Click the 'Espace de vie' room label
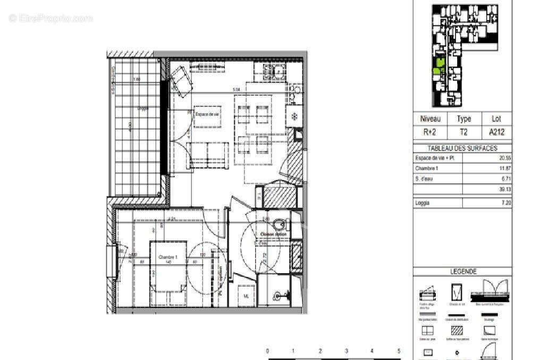[207, 114]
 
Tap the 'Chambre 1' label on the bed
[168, 257]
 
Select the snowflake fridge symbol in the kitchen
[293, 116]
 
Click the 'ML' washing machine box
[246, 296]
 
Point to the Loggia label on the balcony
[142, 108]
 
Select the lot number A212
[496, 132]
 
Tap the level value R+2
[430, 132]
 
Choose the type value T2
[463, 132]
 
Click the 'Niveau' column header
[430, 119]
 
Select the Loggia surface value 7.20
[503, 203]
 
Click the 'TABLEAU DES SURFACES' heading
[462, 148]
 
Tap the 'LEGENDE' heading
[463, 271]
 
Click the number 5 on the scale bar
[399, 351]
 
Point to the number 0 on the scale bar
[267, 351]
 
